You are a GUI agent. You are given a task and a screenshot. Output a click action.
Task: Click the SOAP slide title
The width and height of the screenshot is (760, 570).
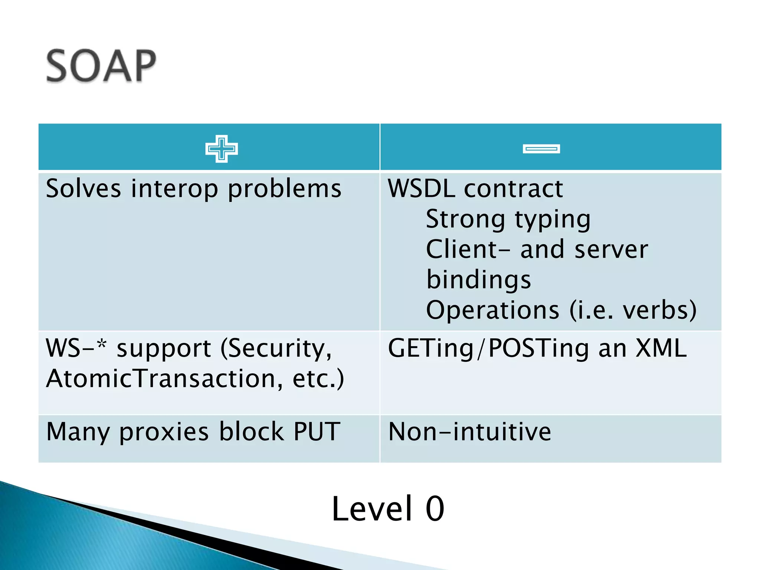(101, 66)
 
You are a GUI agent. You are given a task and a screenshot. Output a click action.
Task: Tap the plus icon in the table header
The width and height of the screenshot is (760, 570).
(222, 149)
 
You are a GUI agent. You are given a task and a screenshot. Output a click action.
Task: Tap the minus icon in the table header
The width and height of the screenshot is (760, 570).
(541, 149)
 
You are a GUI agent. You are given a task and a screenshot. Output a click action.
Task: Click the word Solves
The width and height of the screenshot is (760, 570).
(83, 189)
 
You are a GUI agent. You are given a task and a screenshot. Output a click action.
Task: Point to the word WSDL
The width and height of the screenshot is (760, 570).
(421, 189)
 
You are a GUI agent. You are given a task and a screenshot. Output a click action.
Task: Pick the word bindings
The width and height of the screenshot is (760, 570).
(479, 280)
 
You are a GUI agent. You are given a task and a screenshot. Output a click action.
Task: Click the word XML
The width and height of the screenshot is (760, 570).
(661, 348)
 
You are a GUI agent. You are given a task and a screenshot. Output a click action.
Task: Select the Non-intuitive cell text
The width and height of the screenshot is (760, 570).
(469, 432)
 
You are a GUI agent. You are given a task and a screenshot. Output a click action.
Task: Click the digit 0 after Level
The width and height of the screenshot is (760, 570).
(435, 509)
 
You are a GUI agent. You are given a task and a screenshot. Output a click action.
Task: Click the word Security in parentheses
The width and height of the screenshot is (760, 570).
(276, 349)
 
